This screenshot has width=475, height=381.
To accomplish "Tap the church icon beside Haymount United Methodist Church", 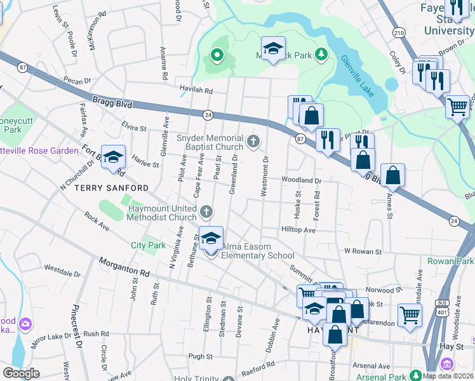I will [205, 211].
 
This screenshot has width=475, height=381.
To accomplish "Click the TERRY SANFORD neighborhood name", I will [112, 189].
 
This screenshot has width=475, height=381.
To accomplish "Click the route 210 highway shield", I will [399, 32].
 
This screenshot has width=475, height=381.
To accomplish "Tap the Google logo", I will [21, 373].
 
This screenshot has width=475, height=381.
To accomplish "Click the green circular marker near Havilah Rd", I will [217, 55].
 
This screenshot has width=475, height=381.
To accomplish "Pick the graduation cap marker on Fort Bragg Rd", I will [112, 158].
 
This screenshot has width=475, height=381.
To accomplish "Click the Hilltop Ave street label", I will [298, 230].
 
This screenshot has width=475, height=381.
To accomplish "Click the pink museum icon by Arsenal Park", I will [447, 364].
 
